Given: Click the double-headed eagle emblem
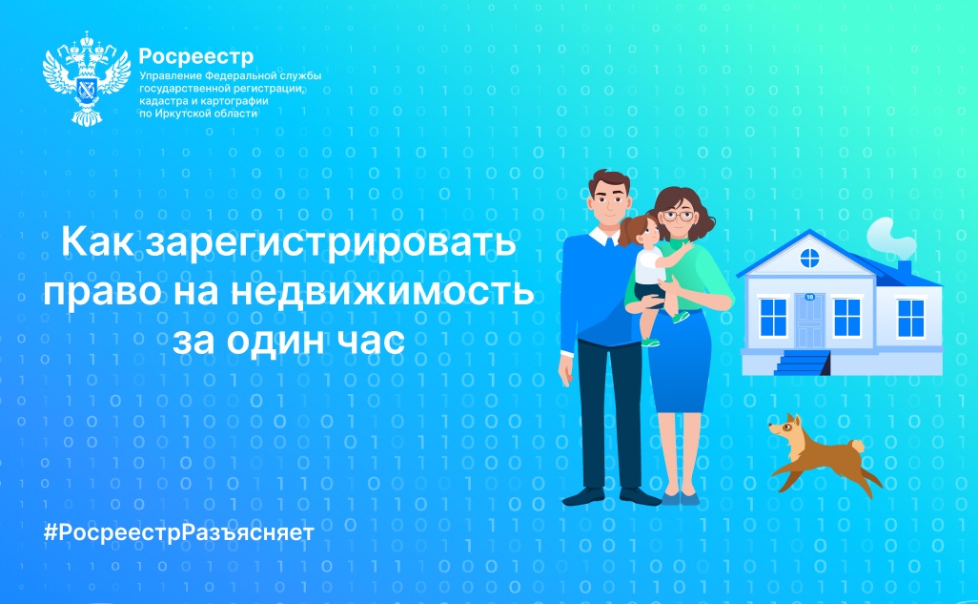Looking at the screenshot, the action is (x=87, y=79).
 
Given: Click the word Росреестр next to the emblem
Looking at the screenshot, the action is (x=195, y=57).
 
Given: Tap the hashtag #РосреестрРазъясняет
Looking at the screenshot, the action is (x=178, y=532).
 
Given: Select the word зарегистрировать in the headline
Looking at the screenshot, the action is (x=331, y=243).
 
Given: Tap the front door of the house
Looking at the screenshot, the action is (x=809, y=321).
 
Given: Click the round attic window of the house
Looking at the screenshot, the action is (x=809, y=258).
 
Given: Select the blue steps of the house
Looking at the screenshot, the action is (x=802, y=363).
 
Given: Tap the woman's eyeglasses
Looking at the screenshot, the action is (x=678, y=216).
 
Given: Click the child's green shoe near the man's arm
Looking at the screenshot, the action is (x=650, y=342).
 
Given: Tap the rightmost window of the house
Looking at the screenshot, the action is (x=910, y=318).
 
